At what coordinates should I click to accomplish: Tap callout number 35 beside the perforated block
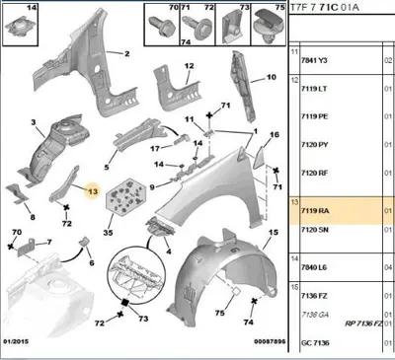[108, 236]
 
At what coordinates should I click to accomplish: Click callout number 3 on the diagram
[34, 124]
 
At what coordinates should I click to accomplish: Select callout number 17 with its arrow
[155, 149]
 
